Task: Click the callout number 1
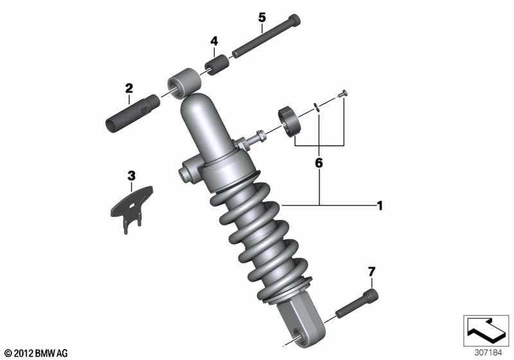tap(380, 206)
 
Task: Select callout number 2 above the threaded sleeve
tap(129, 88)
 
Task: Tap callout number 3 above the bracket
tap(132, 175)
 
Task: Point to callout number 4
tap(214, 41)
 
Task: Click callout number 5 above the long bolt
tap(262, 17)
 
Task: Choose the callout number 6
tap(319, 163)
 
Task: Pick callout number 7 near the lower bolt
tap(371, 272)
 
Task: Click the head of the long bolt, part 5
tap(294, 21)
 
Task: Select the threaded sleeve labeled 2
tap(133, 113)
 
